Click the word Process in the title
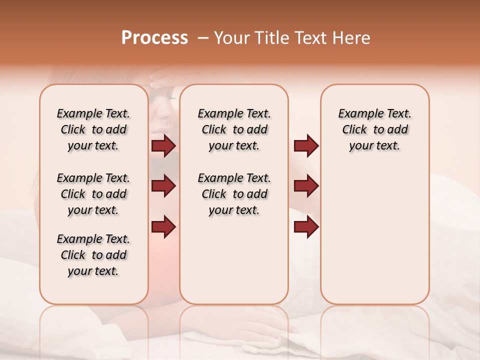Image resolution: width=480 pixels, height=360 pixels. coord(154,38)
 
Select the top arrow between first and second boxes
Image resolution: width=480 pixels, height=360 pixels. coord(163,145)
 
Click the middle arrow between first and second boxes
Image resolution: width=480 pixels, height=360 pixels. coord(163,186)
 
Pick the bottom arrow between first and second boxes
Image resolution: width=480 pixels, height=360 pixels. coord(163,226)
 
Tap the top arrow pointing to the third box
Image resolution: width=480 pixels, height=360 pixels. coord(306,145)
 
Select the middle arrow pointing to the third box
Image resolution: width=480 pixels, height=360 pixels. coord(306,186)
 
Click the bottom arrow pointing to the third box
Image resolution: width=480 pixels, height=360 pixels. coord(306,226)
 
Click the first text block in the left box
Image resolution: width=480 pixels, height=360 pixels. coord(93,129)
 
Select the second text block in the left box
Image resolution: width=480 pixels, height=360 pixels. coord(93,194)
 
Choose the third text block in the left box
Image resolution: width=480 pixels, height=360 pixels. coord(93,255)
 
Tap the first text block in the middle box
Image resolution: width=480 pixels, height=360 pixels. coord(234,129)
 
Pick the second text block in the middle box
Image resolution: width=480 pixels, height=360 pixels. coord(234,194)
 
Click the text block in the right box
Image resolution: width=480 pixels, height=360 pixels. coord(374,129)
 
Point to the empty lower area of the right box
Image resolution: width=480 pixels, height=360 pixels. coord(374,240)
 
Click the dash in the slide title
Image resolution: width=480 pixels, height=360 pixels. coord(203,38)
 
